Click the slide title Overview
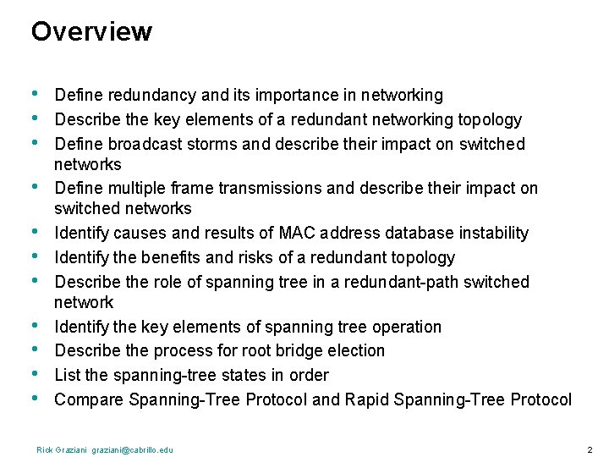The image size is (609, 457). (x=91, y=32)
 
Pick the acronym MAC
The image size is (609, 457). (x=297, y=234)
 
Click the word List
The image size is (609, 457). (x=67, y=375)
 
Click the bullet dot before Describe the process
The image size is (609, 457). (x=35, y=349)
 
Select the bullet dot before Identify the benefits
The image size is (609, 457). (x=35, y=256)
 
